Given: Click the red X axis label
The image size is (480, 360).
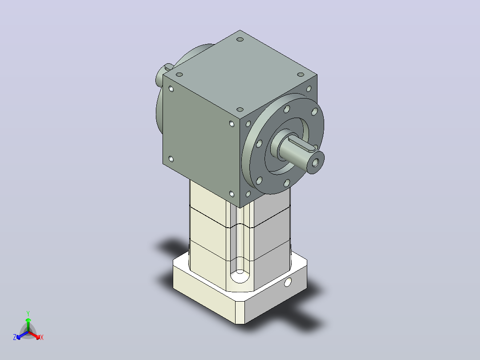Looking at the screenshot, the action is coord(42,337).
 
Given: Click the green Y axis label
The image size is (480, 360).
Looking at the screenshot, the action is coord(28,313).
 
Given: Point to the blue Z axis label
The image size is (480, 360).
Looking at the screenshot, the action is coord(15,337).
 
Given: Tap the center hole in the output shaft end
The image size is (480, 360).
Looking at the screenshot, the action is coord(315,164).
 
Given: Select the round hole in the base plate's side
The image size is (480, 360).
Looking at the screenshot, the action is coord(288,282).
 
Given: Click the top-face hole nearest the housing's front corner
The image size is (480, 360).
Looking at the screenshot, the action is coord(240,109).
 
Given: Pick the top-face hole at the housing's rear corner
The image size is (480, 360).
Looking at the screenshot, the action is coord(240,40).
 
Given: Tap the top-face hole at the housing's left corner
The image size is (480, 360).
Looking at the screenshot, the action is coord(179,74).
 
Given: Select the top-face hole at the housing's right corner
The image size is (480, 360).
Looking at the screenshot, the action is coord(301,74).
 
